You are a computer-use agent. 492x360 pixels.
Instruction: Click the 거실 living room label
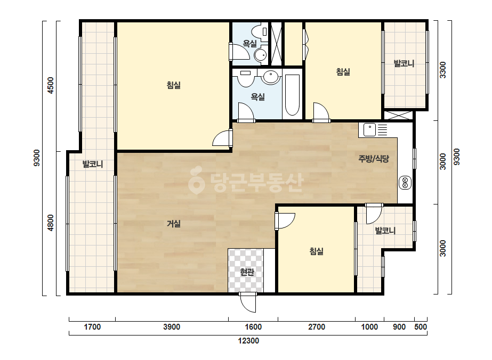(x=174, y=224)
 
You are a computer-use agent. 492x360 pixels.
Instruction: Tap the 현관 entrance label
(x=247, y=272)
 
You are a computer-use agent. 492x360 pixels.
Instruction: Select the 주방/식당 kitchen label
(x=374, y=159)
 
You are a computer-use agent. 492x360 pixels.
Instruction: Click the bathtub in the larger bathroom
(x=292, y=95)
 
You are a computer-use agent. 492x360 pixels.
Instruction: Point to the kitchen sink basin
(x=369, y=130)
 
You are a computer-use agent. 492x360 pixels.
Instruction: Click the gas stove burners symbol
(x=405, y=183)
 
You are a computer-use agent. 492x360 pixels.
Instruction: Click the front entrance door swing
(x=248, y=302)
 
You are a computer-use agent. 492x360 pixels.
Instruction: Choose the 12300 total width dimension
(x=248, y=341)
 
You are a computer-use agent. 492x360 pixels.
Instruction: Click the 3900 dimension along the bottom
(x=172, y=327)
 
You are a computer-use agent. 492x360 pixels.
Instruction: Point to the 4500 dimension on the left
(x=50, y=85)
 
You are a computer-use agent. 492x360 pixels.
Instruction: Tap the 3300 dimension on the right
(x=442, y=70)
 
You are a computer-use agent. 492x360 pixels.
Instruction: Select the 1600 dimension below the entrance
(x=253, y=327)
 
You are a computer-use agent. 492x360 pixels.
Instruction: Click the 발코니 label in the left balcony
(x=93, y=163)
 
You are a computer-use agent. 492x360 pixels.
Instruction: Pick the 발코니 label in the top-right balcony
(x=404, y=63)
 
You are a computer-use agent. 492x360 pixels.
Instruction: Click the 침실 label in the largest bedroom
(x=174, y=85)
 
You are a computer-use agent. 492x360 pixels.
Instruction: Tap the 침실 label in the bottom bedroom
(x=316, y=251)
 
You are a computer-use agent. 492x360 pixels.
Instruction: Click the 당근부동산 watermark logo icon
(x=196, y=180)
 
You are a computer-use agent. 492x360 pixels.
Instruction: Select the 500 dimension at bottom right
(x=421, y=327)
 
